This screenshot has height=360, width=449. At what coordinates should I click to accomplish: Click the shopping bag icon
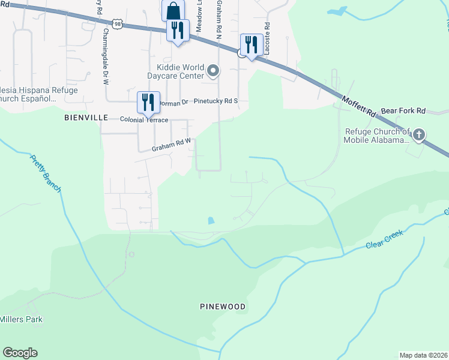click(x=173, y=11)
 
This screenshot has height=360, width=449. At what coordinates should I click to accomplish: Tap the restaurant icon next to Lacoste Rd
click(x=252, y=44)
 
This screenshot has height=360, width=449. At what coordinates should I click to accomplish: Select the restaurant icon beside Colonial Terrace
click(x=148, y=102)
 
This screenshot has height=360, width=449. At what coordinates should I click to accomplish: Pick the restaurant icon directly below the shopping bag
click(x=178, y=30)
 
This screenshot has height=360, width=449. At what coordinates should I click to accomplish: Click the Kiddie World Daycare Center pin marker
click(x=212, y=72)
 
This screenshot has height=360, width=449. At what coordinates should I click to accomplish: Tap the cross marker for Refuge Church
click(x=419, y=134)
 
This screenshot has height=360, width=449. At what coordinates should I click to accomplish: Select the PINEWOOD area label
click(x=223, y=307)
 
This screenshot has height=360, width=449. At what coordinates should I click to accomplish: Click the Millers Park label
click(x=22, y=319)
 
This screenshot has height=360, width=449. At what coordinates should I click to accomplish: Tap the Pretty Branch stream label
click(x=46, y=173)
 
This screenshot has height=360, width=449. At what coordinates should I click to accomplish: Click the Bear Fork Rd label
click(x=403, y=111)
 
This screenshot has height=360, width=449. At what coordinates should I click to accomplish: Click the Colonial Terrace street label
click(x=144, y=119)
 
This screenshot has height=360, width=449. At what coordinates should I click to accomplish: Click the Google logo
click(x=20, y=353)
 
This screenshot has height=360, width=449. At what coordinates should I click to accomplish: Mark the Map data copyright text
click(x=423, y=355)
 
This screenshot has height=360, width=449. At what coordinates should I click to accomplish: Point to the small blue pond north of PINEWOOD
click(x=209, y=221)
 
